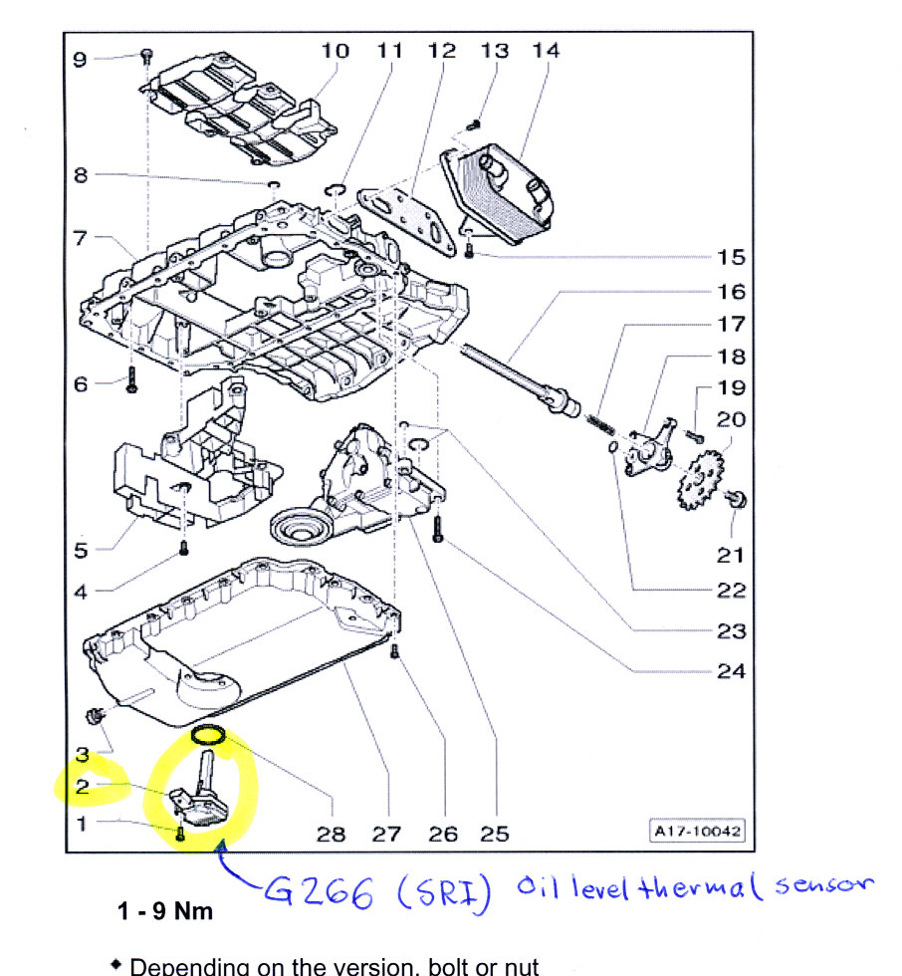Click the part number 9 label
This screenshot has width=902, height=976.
[x=80, y=59]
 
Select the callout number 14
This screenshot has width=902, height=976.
[x=546, y=49]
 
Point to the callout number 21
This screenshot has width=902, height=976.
[x=732, y=555]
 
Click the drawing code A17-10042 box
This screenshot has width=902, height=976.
[x=697, y=831]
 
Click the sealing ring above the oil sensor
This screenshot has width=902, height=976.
[x=208, y=736]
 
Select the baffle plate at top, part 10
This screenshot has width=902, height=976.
[x=239, y=110]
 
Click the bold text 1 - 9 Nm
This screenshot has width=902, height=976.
[x=165, y=911]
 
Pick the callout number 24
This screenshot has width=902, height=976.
[x=732, y=671]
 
